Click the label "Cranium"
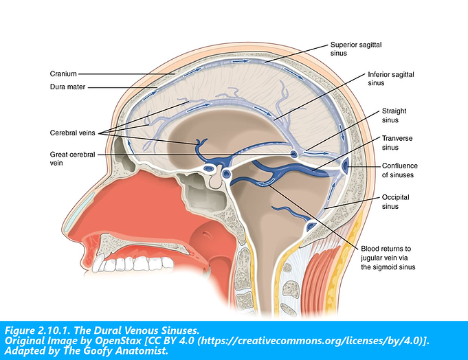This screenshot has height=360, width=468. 63,73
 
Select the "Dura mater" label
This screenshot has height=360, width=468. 66,87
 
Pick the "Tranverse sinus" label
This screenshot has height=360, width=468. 397,142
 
